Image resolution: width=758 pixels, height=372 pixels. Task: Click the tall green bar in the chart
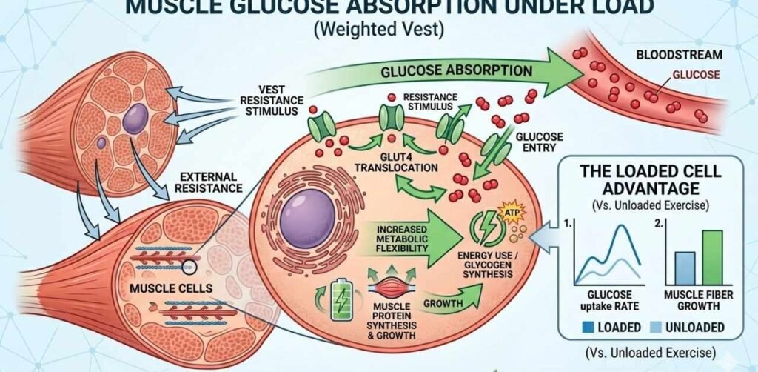[x=711, y=257]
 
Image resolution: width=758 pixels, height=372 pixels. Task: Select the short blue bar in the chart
[x=685, y=268]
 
